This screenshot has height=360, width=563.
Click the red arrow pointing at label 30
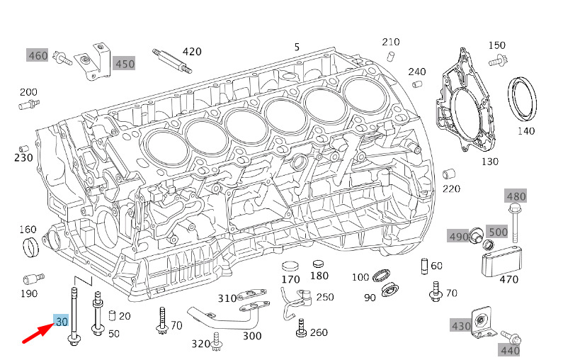coord(35,333)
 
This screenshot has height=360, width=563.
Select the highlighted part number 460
coord(38,55)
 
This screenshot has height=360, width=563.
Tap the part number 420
coord(192,52)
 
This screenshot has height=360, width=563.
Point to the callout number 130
coord(490,162)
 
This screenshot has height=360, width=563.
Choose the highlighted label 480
coord(516,196)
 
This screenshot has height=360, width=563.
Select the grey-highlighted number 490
coord(457,236)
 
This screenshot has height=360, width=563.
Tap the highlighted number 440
coord(510,349)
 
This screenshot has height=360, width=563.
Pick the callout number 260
coord(319,333)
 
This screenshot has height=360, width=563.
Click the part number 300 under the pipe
coord(252,336)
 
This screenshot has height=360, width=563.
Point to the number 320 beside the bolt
coord(201,344)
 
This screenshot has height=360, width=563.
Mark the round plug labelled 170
coord(290,267)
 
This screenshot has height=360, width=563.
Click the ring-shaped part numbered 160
coord(30,247)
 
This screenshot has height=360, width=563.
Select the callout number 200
coord(28,92)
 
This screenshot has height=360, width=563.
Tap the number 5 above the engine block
coord(297,47)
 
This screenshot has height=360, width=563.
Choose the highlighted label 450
coord(125,64)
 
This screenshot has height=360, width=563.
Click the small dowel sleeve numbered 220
coord(448,174)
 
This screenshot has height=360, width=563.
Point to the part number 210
coord(391,42)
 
